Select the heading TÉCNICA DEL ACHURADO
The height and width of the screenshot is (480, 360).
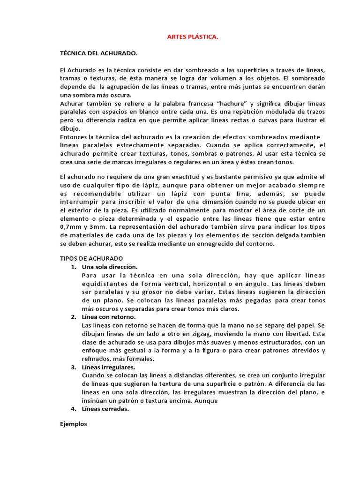coord(99,53)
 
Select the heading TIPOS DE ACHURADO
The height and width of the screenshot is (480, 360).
coord(91,258)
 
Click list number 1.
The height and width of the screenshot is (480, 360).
coord(73,267)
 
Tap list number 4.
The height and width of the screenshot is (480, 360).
coord(73,409)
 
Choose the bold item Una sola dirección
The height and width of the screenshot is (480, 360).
coord(110,267)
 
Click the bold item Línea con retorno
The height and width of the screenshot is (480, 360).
coord(109,317)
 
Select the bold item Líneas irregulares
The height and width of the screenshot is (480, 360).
coord(108,367)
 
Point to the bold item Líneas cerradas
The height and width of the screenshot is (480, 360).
coord(105,409)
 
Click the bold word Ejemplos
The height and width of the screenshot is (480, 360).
coord(74,424)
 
